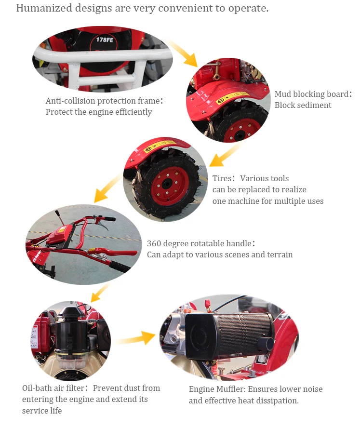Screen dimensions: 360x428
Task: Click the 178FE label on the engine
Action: click(105, 40)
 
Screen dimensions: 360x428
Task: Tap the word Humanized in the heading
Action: click(44, 8)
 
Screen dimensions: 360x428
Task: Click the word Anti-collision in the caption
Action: click(70, 101)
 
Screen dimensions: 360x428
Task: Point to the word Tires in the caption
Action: click(222, 178)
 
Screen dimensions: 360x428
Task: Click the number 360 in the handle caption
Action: click(154, 243)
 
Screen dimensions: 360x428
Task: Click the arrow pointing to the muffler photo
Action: click(135, 338)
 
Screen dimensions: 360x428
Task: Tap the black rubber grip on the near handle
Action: click(120, 267)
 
